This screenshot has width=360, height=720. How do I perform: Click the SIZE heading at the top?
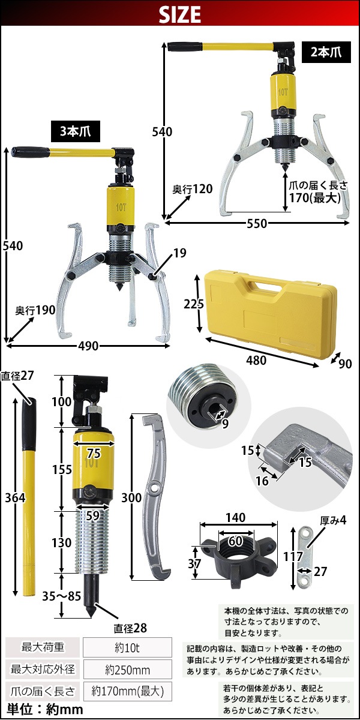(x=180, y=14)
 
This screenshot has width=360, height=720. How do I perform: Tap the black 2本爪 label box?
(x=326, y=52)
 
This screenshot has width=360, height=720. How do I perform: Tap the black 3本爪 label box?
(x=76, y=131)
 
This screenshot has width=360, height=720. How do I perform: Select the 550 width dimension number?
(x=257, y=223)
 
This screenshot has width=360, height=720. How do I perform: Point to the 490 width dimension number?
(x=88, y=346)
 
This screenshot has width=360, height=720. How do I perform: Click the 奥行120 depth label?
(x=192, y=189)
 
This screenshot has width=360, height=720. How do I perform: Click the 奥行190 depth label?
(x=35, y=310)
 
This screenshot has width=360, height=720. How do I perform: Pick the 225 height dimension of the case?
(x=193, y=304)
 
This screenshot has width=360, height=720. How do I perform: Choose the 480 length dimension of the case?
(x=256, y=361)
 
